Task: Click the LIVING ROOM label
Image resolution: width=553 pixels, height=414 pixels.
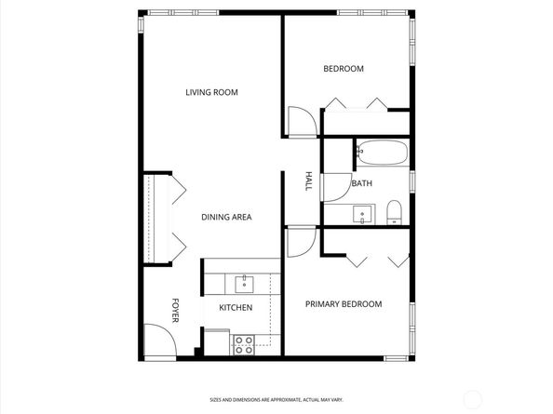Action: click(x=211, y=92)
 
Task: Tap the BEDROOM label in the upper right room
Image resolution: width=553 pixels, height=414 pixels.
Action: click(x=343, y=69)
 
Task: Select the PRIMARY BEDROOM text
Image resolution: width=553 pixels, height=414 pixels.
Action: click(x=344, y=304)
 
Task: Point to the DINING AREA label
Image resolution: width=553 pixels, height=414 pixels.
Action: click(x=226, y=218)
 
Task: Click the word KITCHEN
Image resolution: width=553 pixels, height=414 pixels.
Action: click(x=235, y=308)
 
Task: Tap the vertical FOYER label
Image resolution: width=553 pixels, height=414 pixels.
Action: click(x=174, y=309)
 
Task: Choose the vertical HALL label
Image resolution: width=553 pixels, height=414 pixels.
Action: click(x=308, y=182)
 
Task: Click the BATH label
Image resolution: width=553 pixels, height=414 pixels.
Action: click(x=361, y=184)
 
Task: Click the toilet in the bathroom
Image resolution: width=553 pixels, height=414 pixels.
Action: click(x=394, y=212)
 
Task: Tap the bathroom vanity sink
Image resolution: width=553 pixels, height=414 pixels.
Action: click(x=362, y=215)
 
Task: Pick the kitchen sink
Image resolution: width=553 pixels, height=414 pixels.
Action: click(x=246, y=282)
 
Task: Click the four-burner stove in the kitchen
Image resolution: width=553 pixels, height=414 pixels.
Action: click(x=243, y=344)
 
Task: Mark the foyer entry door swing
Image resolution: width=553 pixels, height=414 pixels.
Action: click(x=158, y=339)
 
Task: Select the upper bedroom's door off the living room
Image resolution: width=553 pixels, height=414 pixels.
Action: click(x=301, y=122)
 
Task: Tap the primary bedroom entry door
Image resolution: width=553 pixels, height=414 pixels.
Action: click(x=300, y=242)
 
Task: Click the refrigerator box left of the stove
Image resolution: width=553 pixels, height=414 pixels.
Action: click(x=216, y=341)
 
